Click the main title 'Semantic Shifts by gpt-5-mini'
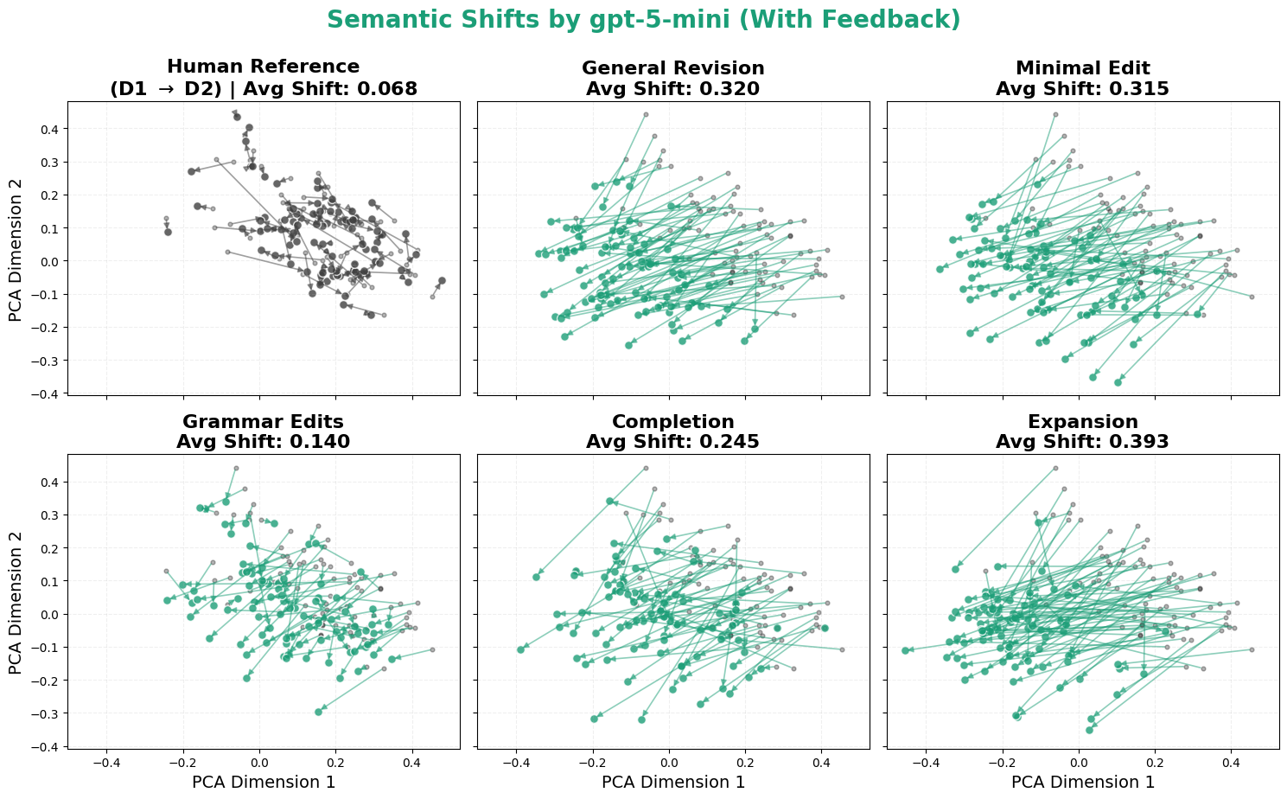point(643,20)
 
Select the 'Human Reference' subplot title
point(263,67)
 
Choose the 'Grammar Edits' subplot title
point(263,422)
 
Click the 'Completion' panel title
point(672,422)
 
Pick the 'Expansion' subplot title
point(1082,422)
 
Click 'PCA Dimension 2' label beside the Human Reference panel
point(16,249)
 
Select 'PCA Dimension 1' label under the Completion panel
point(672,783)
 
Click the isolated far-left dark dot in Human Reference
point(168,232)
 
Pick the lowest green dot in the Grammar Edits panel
point(319,711)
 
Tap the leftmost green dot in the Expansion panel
point(905,650)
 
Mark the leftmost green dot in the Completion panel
point(520,649)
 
